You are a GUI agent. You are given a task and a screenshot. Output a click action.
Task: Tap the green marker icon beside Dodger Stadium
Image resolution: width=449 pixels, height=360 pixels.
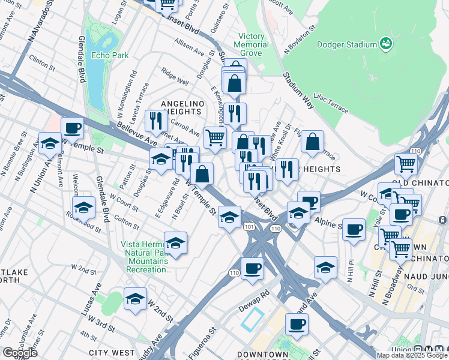(385, 43)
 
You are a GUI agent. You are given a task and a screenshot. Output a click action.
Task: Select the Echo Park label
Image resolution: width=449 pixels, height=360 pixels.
(110, 55)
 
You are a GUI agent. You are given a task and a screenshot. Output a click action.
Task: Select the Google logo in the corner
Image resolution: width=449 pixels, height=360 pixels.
(19, 352)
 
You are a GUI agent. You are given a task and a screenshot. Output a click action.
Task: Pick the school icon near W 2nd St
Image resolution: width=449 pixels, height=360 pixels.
(136, 298)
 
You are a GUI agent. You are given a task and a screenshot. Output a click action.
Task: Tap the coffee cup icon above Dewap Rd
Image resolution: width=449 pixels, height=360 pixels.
(252, 268)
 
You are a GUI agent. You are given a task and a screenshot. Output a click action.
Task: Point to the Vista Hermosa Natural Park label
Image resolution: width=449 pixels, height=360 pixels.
(147, 257)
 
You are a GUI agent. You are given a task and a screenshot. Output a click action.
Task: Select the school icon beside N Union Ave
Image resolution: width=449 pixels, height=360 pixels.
(50, 143)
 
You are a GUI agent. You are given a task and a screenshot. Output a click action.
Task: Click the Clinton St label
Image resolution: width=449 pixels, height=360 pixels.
(42, 62)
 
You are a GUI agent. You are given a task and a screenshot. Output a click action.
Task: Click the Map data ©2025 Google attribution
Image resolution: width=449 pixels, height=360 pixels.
(412, 355)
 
